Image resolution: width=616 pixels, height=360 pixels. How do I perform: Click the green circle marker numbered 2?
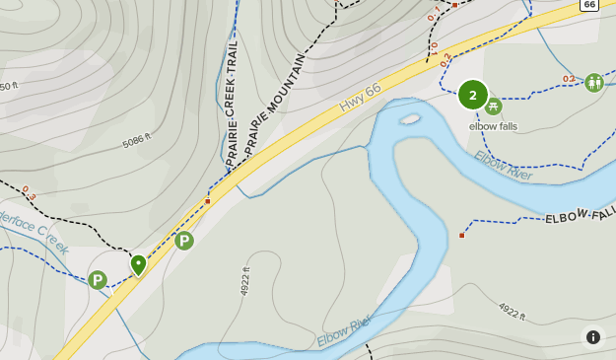point(473,95)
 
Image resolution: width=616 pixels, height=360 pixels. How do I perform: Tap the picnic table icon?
point(493,107)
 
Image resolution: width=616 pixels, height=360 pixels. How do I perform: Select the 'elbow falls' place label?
point(493,126)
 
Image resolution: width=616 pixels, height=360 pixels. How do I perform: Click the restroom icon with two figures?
point(593,83)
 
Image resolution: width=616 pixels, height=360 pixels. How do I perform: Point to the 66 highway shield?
point(589,5)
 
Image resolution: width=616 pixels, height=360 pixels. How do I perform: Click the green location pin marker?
point(138,264)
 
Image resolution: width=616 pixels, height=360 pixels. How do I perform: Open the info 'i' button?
point(592,337)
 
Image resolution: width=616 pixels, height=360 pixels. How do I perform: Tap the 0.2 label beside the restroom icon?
point(569,79)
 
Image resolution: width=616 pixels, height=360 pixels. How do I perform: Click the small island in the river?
point(410,119)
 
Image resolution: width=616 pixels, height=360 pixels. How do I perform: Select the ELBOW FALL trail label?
point(581,214)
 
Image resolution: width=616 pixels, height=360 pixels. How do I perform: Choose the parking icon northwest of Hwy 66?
point(97,280)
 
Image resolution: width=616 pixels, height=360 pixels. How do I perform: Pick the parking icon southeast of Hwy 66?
point(184,241)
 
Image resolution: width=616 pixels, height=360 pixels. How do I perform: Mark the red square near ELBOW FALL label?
point(461,235)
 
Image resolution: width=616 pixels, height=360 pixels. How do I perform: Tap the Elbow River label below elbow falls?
point(503,165)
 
